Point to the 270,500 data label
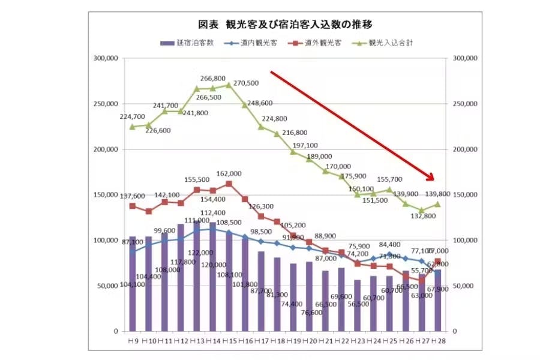[x=246, y=83]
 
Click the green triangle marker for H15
[x=229, y=85]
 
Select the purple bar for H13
[x=197, y=276]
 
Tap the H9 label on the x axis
[x=133, y=341]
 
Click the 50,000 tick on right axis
[x=464, y=286]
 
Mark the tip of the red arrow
[x=433, y=179]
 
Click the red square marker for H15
[x=229, y=184]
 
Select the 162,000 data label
[x=229, y=173]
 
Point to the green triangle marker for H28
[x=437, y=204]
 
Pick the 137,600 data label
[x=133, y=196]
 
